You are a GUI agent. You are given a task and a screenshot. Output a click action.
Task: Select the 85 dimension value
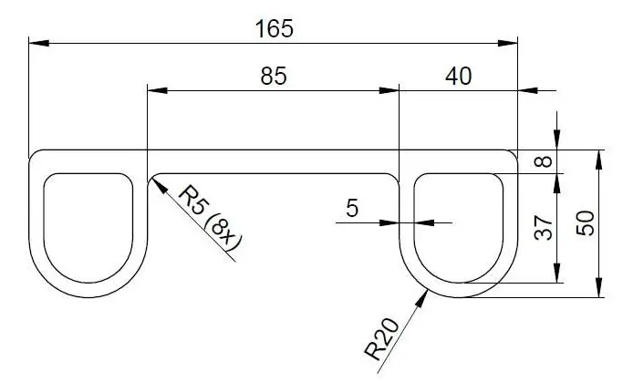click(x=274, y=77)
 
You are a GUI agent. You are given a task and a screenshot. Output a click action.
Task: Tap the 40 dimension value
click(x=458, y=77)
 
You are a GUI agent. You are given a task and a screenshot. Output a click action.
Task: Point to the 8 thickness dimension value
click(x=543, y=161)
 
